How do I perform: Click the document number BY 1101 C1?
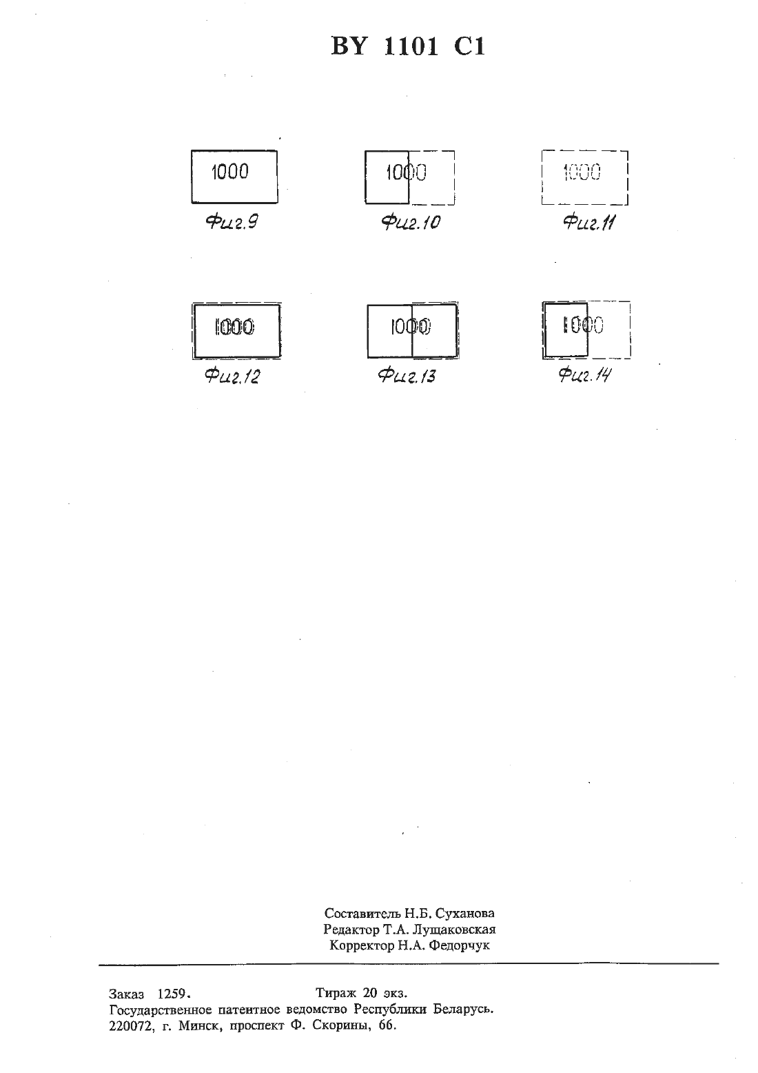408,47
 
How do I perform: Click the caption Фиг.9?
232,222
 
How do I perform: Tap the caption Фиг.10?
411,222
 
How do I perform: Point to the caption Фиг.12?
233,376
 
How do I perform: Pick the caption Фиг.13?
407,376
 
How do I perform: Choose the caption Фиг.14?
585,374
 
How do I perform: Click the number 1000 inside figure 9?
230,172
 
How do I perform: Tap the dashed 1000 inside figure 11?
582,172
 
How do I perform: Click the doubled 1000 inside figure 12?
234,327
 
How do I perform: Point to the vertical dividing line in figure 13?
412,330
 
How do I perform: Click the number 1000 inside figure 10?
407,172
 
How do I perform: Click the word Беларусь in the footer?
464,1010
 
